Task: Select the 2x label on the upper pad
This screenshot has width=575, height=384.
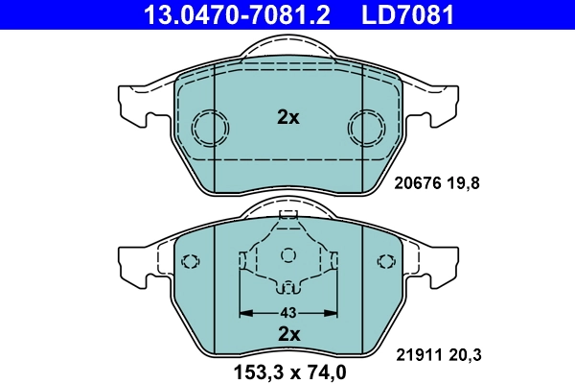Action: tap(287, 118)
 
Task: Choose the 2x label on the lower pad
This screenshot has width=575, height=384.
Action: tap(288, 334)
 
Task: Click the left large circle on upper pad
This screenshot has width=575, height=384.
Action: tap(209, 126)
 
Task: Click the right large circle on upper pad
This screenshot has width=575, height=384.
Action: tap(365, 126)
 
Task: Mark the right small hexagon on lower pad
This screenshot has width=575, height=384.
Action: tap(386, 260)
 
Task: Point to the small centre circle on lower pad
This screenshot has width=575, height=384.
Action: tap(287, 255)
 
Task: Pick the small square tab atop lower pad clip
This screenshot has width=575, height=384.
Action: tap(287, 214)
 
